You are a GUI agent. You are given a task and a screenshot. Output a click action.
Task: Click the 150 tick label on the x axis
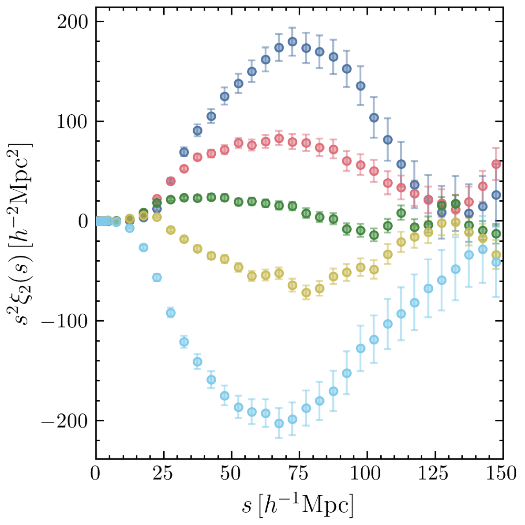pos(502,474)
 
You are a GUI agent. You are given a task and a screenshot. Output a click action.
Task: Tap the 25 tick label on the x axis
pos(164,474)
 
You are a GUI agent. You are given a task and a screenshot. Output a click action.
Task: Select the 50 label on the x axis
pos(231,474)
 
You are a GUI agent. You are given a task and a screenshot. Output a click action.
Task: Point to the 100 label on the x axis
pos(367,474)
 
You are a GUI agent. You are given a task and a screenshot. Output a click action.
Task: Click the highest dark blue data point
pos(292,41)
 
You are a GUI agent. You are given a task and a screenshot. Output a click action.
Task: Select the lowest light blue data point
pos(279,424)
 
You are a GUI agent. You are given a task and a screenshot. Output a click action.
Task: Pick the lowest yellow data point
pos(306,292)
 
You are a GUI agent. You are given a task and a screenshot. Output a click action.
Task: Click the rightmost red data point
pos(496,165)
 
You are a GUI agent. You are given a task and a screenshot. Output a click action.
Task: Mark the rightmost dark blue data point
pos(496,195)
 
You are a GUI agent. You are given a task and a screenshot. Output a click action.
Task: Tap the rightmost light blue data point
pos(496,262)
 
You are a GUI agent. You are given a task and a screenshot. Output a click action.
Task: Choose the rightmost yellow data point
pos(496,255)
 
